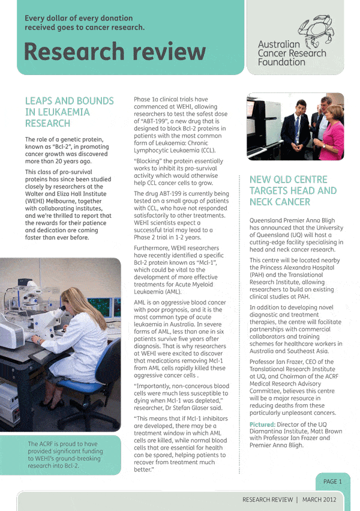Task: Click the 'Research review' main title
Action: [x=115, y=52]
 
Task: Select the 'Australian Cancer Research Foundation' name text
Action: [x=292, y=53]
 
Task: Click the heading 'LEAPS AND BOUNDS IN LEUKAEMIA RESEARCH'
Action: [x=70, y=112]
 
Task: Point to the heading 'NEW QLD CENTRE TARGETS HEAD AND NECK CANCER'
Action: [x=293, y=190]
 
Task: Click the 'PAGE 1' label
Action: [x=332, y=482]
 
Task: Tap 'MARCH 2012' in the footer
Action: [x=319, y=500]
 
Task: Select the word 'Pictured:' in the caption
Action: [x=262, y=425]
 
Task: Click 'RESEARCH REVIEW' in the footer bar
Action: [x=267, y=500]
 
